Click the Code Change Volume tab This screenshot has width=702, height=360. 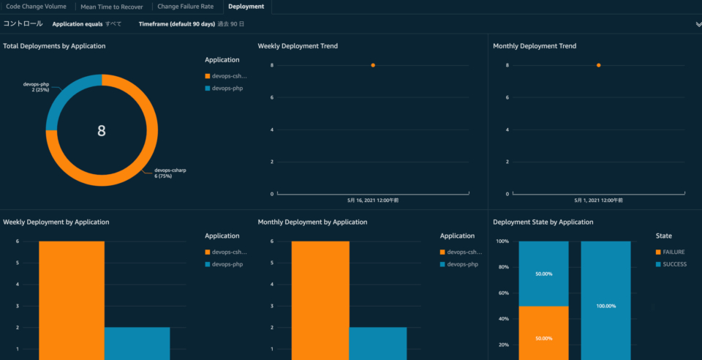point(36,7)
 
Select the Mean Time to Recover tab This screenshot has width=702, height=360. point(111,7)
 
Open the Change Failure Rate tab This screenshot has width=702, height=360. point(185,7)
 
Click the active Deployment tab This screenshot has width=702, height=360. point(246,7)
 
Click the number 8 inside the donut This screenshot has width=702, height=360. point(102,131)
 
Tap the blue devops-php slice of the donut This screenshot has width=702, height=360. point(62,95)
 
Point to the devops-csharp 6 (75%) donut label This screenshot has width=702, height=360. point(170,173)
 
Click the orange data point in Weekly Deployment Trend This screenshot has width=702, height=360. point(373,65)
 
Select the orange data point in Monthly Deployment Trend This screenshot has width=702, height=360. point(598,65)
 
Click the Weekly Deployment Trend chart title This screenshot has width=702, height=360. point(298,46)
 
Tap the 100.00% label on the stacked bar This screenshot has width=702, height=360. point(605,306)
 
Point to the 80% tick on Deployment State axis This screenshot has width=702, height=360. point(503,267)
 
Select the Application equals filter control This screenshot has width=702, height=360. point(86,24)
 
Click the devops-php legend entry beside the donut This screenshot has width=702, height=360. point(227,88)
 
